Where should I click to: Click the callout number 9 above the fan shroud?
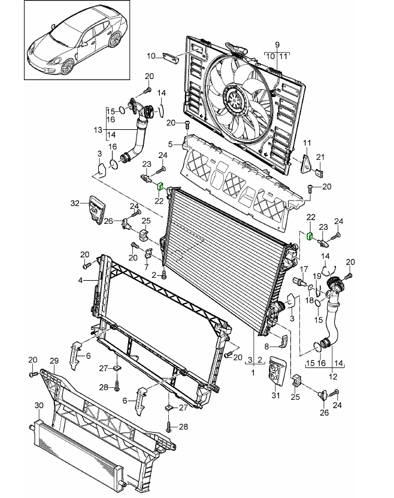point(277,45)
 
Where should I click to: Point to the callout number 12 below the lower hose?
point(334,376)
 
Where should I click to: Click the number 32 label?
point(75,204)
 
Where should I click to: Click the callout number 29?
point(54,360)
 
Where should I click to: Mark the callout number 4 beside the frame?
point(80,280)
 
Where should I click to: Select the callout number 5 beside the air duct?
point(171,144)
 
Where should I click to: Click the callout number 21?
point(320,157)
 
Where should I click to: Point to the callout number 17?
point(304,269)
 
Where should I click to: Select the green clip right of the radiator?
point(310,236)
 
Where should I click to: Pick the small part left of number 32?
point(96,211)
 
